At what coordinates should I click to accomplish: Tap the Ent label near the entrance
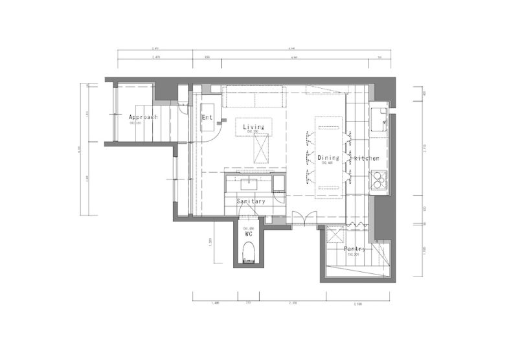[207, 117]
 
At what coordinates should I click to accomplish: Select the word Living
[254, 127]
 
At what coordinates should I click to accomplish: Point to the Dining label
[328, 157]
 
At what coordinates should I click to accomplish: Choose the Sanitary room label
[251, 202]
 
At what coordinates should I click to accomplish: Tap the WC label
[247, 234]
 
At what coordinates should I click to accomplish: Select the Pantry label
[356, 249]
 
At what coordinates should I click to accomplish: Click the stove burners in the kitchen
[378, 179]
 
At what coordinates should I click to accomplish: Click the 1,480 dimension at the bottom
[216, 303]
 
